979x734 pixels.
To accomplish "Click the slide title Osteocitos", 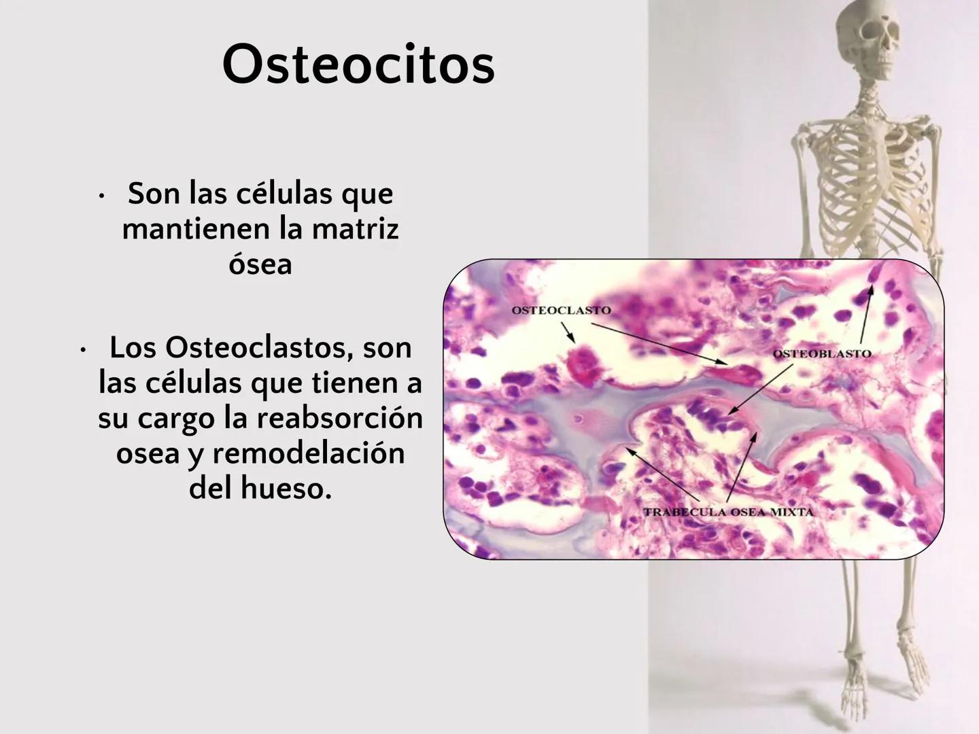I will click(x=358, y=65).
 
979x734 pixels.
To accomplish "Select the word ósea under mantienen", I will click(x=260, y=264).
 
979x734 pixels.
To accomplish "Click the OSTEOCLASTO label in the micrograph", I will click(x=561, y=311).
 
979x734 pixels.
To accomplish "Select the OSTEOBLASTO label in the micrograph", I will click(x=822, y=354).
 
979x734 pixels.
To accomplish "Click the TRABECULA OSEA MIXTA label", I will click(x=728, y=512).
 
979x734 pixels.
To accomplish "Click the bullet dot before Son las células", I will click(x=101, y=197).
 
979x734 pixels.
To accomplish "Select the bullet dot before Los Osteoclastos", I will click(x=82, y=351).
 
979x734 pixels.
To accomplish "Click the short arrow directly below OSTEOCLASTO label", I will click(x=568, y=331).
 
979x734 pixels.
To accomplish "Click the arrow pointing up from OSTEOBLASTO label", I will click(x=865, y=315).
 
